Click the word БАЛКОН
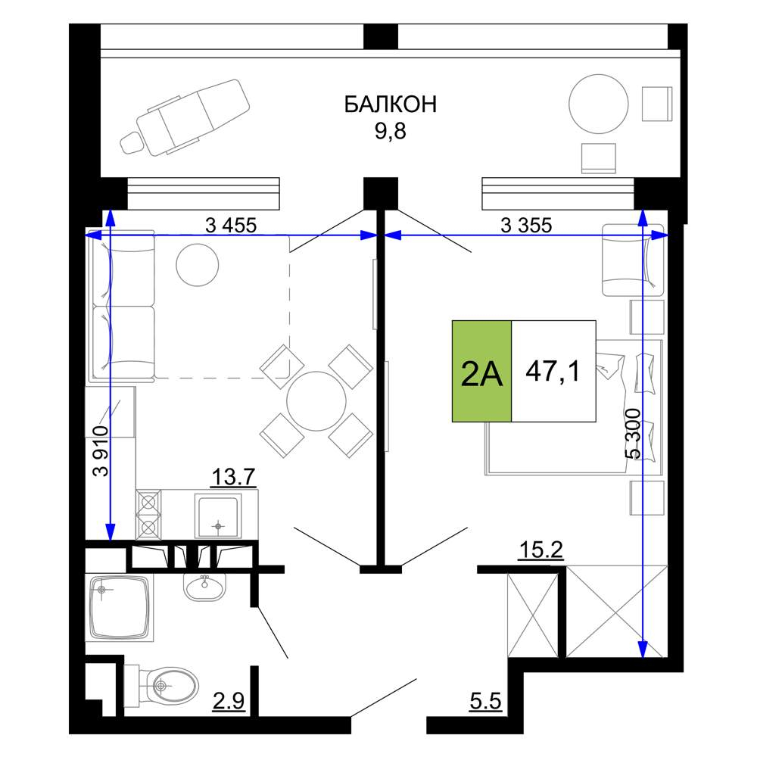click(x=390, y=104)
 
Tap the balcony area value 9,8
click(x=391, y=131)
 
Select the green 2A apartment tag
click(x=481, y=371)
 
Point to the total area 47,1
click(x=553, y=371)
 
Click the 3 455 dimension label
click(x=231, y=225)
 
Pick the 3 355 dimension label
click(x=526, y=225)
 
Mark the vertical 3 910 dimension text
click(x=102, y=450)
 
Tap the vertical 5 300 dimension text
click(x=632, y=433)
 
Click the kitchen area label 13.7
click(x=233, y=477)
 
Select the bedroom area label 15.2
click(x=540, y=550)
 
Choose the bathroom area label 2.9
click(x=229, y=700)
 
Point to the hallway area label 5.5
click(x=486, y=700)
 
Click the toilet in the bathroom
click(x=161, y=685)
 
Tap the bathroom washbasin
click(x=204, y=586)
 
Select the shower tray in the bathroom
click(x=120, y=607)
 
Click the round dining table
click(x=316, y=400)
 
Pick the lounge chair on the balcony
click(x=185, y=118)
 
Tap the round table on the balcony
click(x=599, y=104)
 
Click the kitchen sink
click(x=218, y=515)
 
